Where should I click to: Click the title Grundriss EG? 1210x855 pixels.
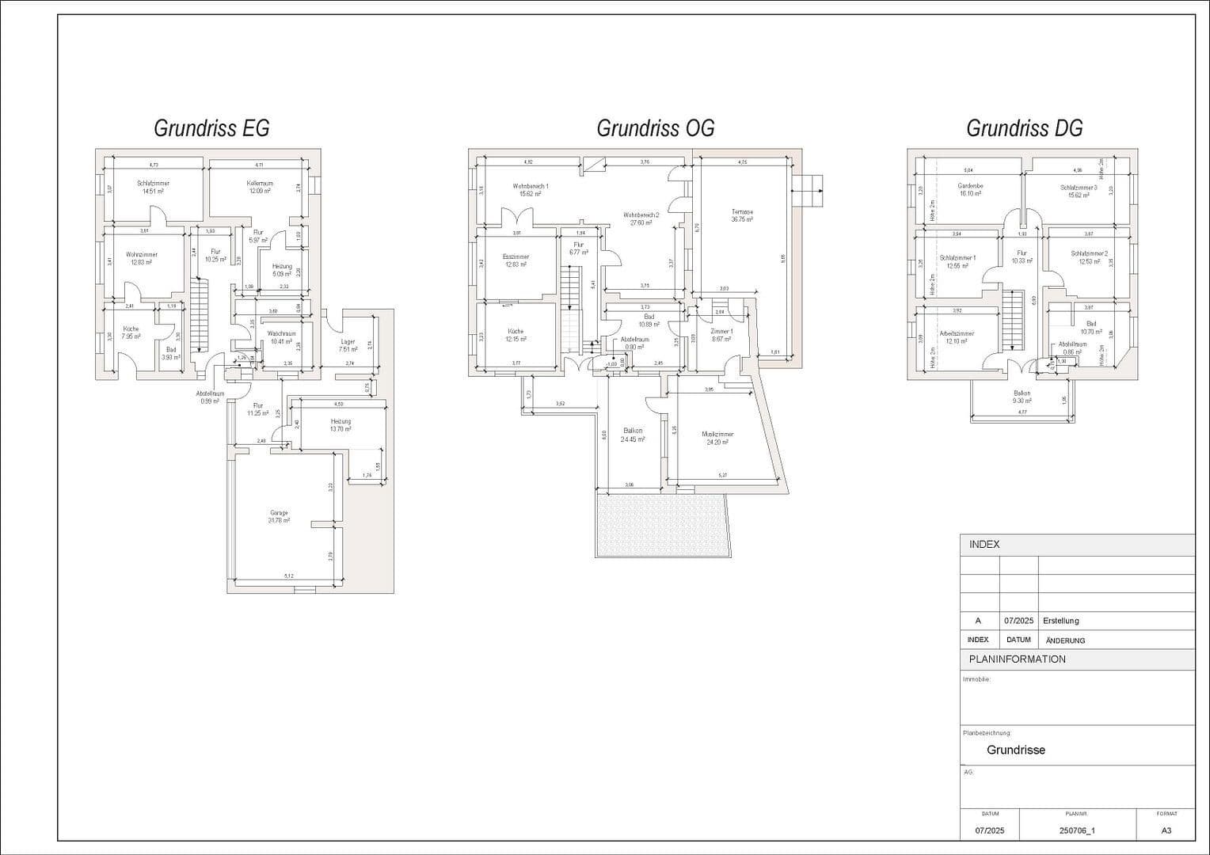click(211, 128)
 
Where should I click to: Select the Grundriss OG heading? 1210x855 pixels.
click(655, 128)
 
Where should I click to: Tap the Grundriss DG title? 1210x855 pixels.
click(1024, 128)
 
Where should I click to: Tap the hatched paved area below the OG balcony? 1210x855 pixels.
click(660, 526)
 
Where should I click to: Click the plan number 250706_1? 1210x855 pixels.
click(1076, 830)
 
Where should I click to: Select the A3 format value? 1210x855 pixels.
click(1166, 830)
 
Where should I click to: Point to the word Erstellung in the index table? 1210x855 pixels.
click(1061, 621)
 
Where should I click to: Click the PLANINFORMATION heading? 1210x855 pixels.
click(1017, 659)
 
